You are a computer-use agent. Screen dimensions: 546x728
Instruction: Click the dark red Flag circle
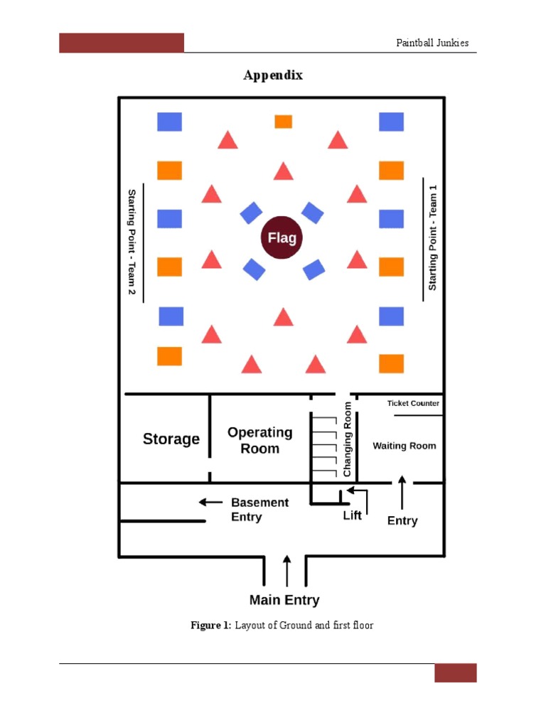(x=282, y=237)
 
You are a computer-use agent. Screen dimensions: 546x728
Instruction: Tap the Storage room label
(x=171, y=439)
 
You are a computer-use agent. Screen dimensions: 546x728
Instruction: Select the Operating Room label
(x=260, y=440)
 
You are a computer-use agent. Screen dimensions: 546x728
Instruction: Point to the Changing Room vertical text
(x=347, y=439)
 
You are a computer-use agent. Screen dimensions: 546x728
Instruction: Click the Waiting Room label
(x=405, y=446)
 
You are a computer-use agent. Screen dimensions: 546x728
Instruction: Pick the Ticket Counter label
(x=413, y=403)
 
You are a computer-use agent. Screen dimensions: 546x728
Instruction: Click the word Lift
(x=352, y=515)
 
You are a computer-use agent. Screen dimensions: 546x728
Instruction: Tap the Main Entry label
(x=284, y=600)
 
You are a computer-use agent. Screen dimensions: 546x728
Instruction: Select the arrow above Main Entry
(x=287, y=571)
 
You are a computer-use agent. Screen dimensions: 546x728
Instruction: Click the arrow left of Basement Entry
(x=210, y=502)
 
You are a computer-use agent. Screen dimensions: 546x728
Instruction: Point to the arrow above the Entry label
(x=402, y=492)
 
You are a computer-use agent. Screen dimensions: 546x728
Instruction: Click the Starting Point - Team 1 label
(x=432, y=237)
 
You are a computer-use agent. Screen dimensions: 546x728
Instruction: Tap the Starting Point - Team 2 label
(x=132, y=242)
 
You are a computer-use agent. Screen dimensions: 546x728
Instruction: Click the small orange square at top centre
(x=283, y=122)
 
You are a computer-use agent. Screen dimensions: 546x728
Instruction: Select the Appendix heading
(x=273, y=75)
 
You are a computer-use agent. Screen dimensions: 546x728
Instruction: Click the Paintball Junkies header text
(x=432, y=43)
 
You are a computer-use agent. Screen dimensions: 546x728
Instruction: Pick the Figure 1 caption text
(x=282, y=625)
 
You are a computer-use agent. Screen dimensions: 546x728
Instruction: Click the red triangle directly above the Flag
(x=283, y=171)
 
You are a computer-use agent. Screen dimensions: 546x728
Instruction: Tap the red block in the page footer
(x=456, y=673)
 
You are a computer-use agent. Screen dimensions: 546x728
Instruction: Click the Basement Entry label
(x=260, y=510)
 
